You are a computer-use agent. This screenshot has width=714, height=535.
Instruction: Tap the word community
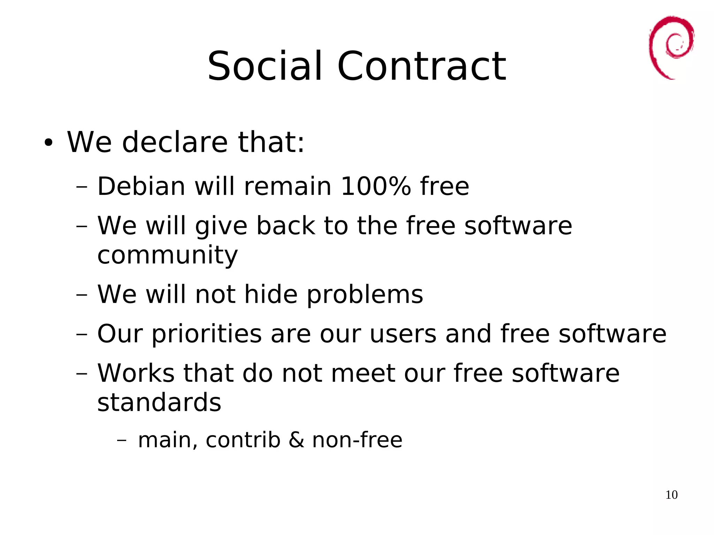click(167, 255)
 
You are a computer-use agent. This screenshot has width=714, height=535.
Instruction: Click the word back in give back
click(286, 226)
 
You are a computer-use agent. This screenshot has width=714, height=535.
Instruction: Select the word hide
click(271, 294)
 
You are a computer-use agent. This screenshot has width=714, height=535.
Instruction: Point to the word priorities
click(206, 334)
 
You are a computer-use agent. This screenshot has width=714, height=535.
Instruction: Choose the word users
click(403, 334)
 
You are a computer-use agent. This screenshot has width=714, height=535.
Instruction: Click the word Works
click(136, 373)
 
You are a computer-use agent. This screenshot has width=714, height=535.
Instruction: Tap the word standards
click(159, 402)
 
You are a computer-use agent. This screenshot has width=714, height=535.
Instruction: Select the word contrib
click(243, 440)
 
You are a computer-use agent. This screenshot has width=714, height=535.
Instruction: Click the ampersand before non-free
click(296, 440)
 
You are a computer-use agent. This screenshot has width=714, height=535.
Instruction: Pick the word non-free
click(357, 440)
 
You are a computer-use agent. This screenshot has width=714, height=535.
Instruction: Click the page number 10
click(671, 495)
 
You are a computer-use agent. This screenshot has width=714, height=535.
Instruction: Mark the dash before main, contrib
click(122, 440)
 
